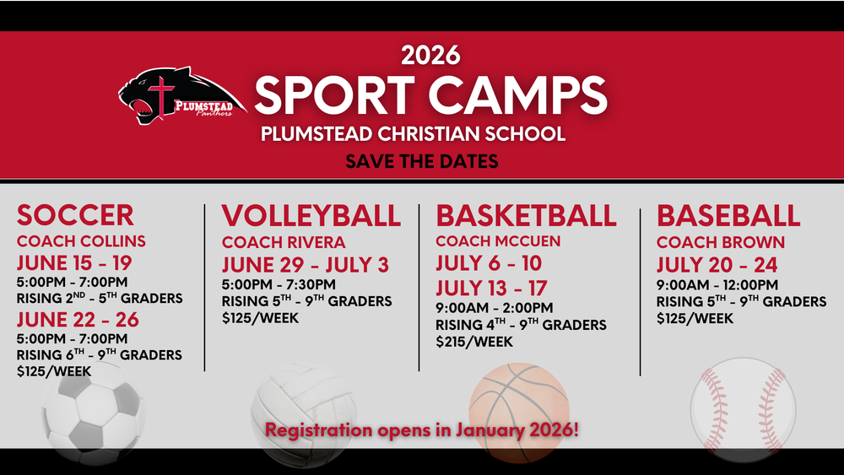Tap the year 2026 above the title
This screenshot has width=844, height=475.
430,55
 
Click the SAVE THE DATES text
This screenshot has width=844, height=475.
421,160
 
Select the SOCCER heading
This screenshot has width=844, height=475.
75,214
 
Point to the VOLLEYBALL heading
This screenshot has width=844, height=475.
311,215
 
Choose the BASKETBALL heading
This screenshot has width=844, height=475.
526,215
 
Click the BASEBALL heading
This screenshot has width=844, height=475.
728,215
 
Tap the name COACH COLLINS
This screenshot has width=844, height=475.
81,241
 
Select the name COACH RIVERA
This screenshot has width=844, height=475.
284,243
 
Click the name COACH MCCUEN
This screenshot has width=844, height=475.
498,241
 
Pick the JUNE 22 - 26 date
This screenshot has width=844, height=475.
78,320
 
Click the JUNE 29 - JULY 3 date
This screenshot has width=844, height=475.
305,265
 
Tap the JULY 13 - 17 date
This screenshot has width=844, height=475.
491,288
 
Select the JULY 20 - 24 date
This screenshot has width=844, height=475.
717,265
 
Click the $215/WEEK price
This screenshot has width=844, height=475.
473,342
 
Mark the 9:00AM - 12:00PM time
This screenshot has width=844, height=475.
717,285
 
